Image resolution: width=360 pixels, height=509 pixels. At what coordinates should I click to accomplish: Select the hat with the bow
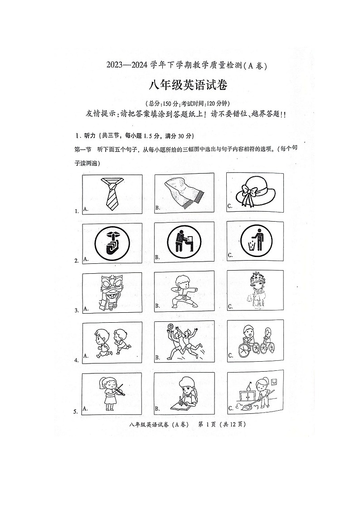pyautogui.click(x=255, y=192)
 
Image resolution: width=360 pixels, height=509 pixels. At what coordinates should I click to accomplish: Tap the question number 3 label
pyautogui.click(x=76, y=310)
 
